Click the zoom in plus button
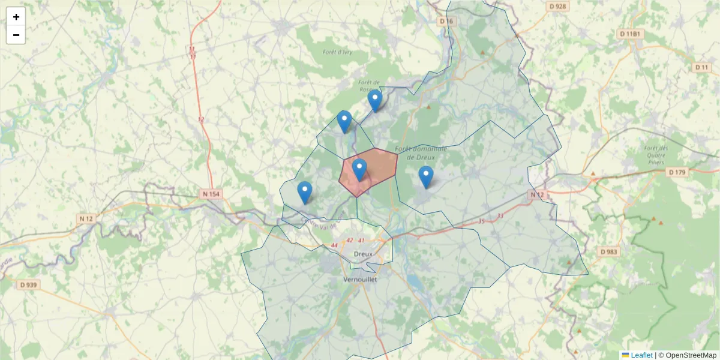tap(16, 17)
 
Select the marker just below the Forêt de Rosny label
tap(375, 101)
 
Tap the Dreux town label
tap(362, 254)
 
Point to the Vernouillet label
tap(359, 280)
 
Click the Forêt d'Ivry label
tap(337, 52)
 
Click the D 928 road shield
tap(557, 6)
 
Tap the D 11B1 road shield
tap(631, 34)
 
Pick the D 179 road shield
tap(677, 172)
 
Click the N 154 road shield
tap(211, 194)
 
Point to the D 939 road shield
tap(28, 285)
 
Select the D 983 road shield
tap(608, 252)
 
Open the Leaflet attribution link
tap(641, 355)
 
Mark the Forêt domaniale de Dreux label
tap(421, 152)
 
